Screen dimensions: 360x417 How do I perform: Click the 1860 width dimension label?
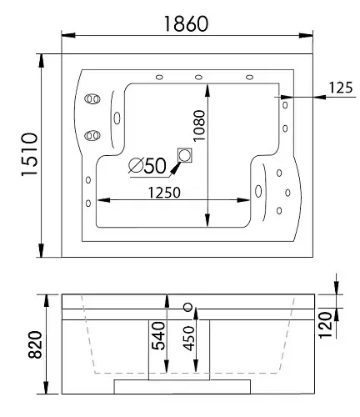pos(186,24)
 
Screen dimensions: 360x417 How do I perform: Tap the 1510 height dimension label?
pos(29,154)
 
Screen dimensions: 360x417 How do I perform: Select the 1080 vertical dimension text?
pos(199,126)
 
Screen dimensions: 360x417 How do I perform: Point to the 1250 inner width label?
pos(164,193)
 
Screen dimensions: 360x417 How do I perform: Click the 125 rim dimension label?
pos(341,88)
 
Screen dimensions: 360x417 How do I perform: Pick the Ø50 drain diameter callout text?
pos(147,166)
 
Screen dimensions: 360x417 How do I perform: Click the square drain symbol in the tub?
pos(185,155)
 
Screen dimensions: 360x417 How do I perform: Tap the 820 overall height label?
pos(35,344)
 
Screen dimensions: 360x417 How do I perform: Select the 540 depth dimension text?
pos(158,335)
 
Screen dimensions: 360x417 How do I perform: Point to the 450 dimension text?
pos(189,339)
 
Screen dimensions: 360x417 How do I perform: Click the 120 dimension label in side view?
pos(325,325)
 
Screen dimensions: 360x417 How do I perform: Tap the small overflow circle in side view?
pos(188,307)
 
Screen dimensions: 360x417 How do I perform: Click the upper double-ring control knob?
pos(92,99)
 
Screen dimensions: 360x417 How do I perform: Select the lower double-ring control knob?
pos(92,136)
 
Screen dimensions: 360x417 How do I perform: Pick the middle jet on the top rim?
pos(198,77)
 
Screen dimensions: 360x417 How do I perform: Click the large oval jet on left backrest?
pos(117,118)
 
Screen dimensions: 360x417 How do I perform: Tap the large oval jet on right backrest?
pos(258,191)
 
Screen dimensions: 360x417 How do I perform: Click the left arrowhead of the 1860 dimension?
pos(68,35)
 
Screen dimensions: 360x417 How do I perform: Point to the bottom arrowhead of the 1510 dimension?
pos(41,250)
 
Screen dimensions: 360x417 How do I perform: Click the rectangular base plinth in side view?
pos(182,387)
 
